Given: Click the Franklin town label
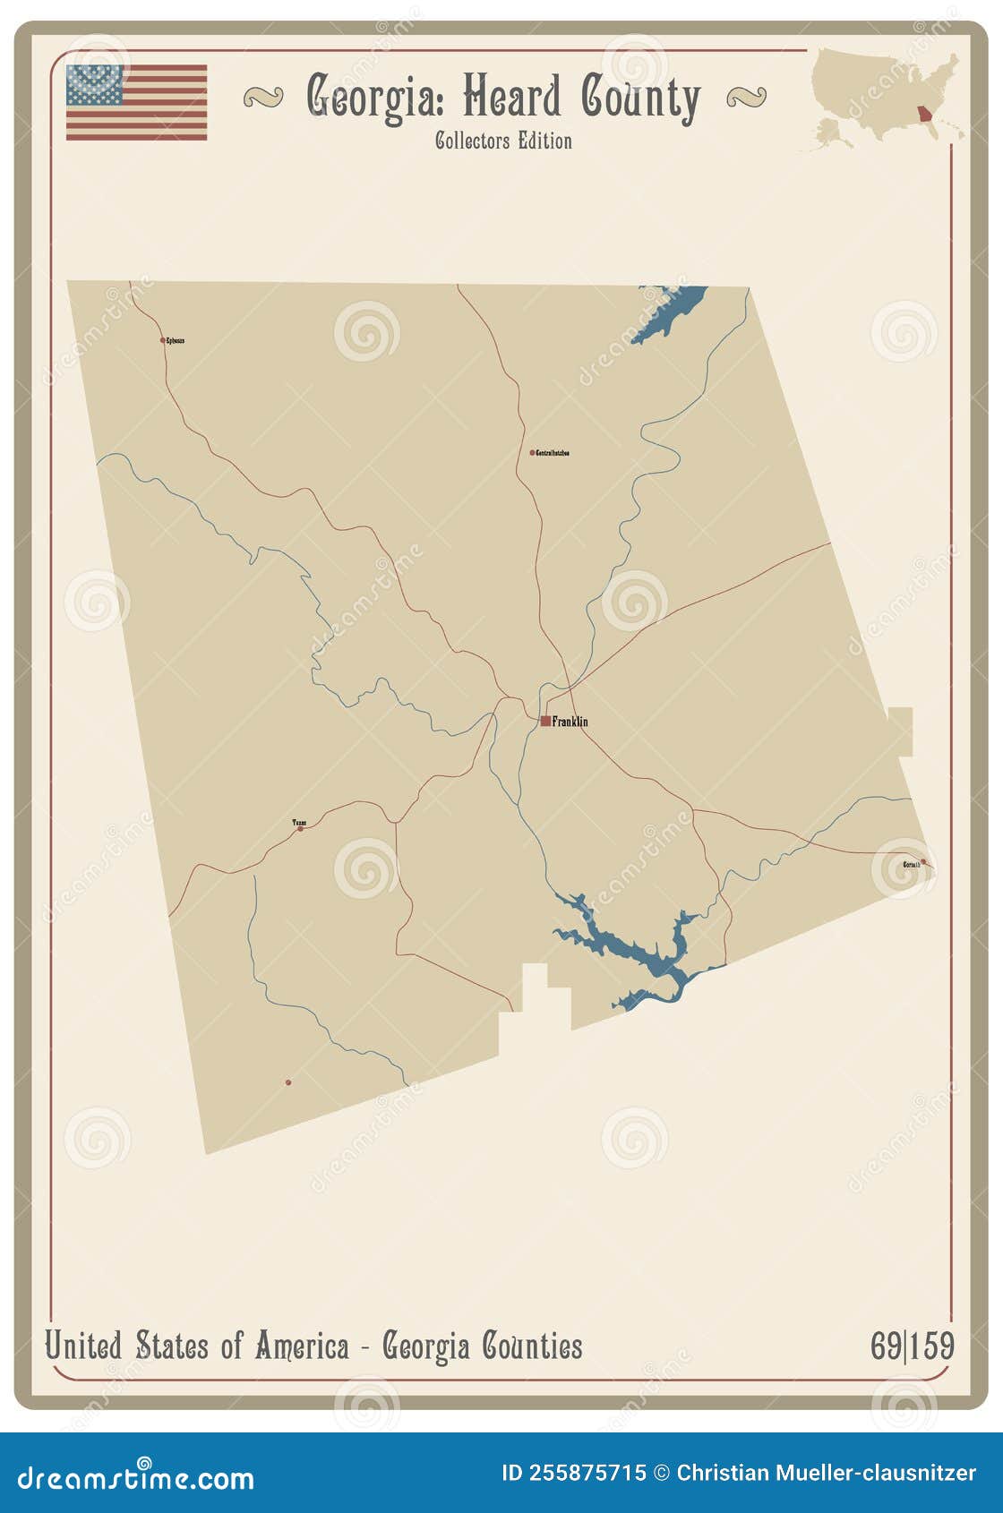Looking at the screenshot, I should point(570,722).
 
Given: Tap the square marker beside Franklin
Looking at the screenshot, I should point(545,721).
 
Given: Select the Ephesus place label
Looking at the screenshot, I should point(176,341).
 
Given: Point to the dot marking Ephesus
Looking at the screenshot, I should point(162,340).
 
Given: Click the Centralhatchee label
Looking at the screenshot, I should point(553,454).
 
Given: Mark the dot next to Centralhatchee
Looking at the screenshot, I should point(532,453).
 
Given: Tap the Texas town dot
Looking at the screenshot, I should point(300,829).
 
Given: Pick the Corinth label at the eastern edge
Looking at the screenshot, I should point(911,865).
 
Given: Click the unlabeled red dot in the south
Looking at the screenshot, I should point(288,1082).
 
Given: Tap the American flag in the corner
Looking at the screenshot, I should point(136,102).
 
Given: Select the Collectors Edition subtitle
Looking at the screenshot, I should point(503,141).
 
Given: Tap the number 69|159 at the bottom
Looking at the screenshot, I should point(912,1346).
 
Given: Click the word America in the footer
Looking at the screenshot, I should point(301,1346).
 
